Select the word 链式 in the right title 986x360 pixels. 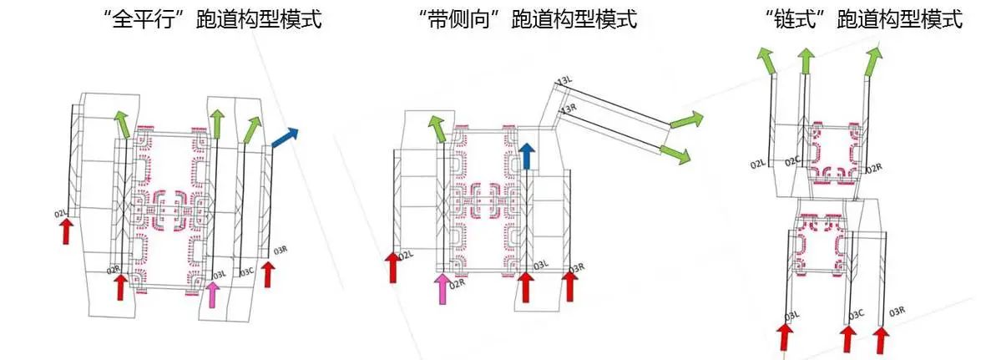789,21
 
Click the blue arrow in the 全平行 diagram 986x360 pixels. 284,138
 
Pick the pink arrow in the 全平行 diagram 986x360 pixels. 214,295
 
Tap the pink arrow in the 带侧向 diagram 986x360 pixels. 442,287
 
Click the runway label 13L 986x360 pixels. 565,81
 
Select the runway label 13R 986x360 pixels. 569,109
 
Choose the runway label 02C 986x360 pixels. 791,160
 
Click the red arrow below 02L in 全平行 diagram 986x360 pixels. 66,231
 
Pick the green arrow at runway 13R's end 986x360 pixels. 675,152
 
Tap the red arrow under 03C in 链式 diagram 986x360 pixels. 848,338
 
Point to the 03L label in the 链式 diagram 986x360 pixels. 792,315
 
